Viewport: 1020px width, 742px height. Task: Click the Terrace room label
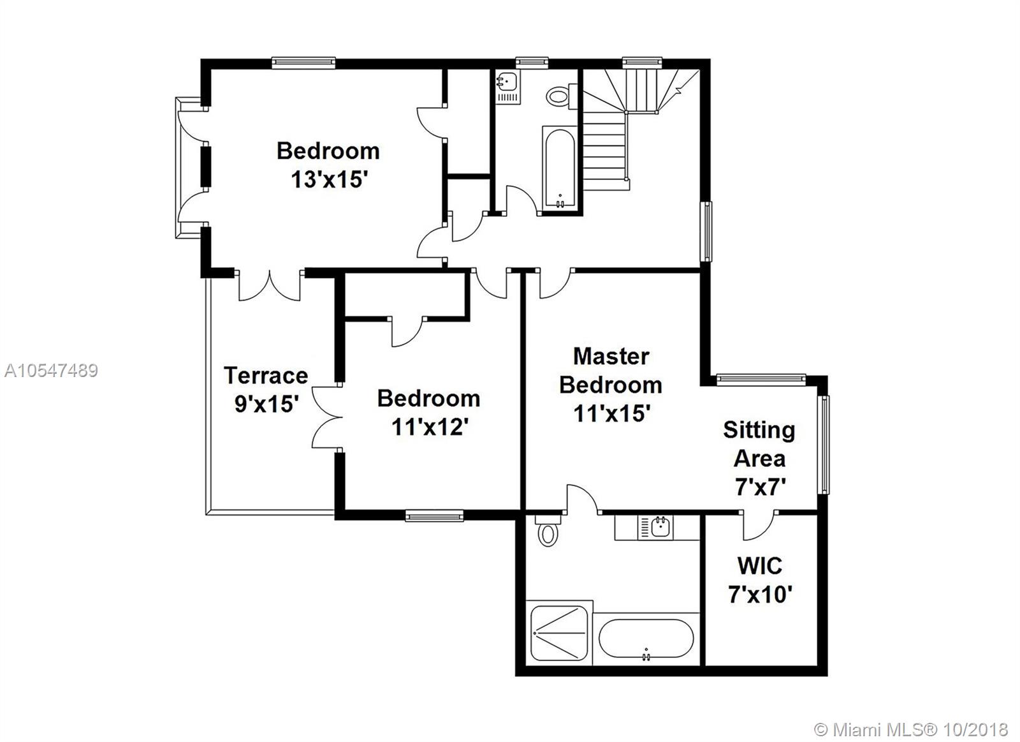(266, 376)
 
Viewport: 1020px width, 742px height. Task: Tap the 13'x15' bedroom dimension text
(329, 179)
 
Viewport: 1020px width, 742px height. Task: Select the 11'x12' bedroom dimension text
(430, 427)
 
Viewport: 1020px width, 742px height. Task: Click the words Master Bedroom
(611, 370)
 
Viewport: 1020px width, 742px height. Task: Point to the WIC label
(759, 566)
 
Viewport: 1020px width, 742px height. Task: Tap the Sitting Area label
(759, 444)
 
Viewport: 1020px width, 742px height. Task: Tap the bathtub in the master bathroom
(646, 638)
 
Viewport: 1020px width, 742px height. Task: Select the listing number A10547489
(51, 371)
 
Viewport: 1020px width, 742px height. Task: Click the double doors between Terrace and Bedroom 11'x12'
(328, 417)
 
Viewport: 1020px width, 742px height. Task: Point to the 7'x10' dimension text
(760, 595)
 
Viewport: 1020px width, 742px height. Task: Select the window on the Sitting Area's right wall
(823, 445)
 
